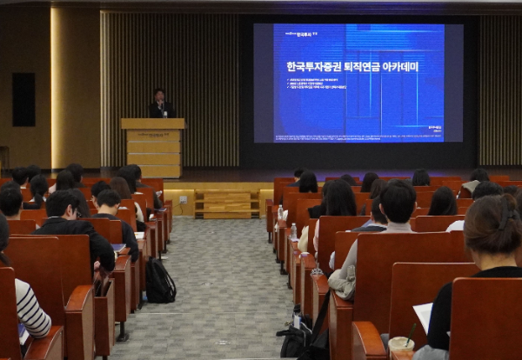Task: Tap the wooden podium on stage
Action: click(153, 148)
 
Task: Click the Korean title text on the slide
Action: click(352, 66)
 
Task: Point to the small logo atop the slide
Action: click(301, 33)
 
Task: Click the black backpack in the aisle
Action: click(159, 282)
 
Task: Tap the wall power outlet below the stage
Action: click(183, 199)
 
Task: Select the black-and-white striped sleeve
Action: click(31, 309)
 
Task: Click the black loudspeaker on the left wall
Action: click(23, 99)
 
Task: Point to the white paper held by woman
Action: click(424, 316)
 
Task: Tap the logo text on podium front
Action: click(153, 135)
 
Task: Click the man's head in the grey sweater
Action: click(398, 202)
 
